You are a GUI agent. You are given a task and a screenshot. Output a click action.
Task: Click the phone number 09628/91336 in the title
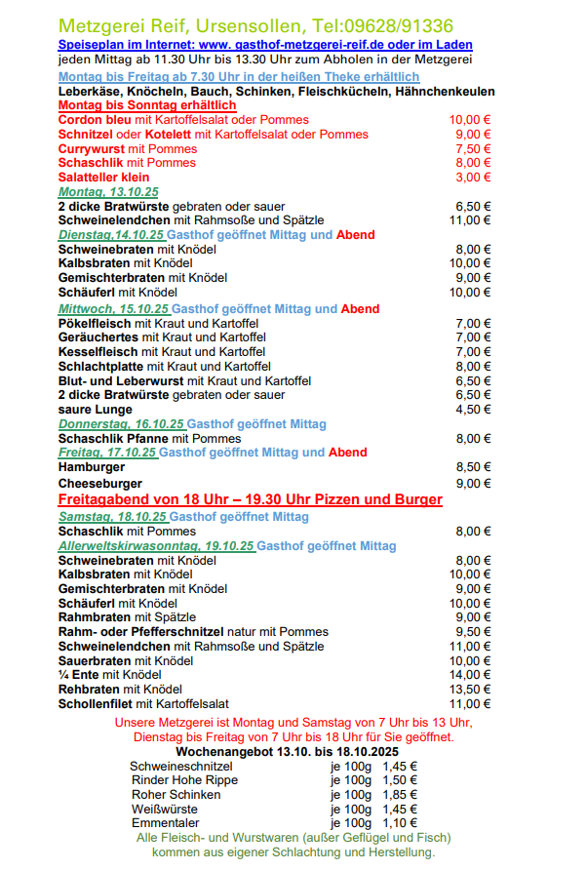click(x=398, y=25)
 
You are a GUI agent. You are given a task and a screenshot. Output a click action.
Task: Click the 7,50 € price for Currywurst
click(x=473, y=149)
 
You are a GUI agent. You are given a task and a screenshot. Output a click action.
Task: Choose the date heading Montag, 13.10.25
click(x=108, y=193)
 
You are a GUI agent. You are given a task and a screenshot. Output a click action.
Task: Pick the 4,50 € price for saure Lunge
click(x=473, y=410)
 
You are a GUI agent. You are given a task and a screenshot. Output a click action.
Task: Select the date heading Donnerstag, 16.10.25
click(x=121, y=424)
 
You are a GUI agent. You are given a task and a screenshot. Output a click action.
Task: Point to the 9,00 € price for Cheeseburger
click(x=473, y=483)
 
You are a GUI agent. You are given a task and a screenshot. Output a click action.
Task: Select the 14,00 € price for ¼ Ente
click(x=470, y=675)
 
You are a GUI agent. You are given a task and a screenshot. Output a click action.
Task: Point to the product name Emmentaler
click(x=166, y=823)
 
